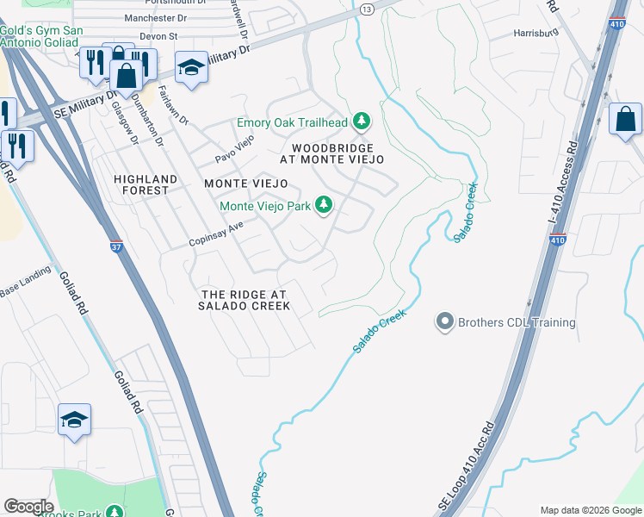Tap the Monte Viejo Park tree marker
324,205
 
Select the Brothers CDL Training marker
444,322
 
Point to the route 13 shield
367,9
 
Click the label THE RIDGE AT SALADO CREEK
244,300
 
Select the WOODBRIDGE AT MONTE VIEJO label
331,153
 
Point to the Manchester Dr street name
155,17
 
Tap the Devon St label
160,37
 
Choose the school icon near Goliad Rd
75,420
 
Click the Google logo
29,507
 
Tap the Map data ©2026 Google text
590,510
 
